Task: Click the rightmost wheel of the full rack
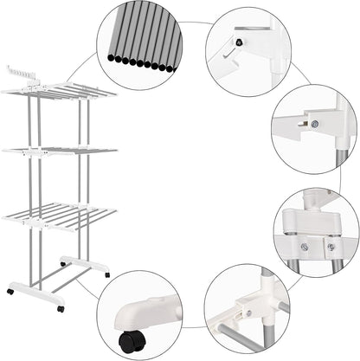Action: tap(106, 274)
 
